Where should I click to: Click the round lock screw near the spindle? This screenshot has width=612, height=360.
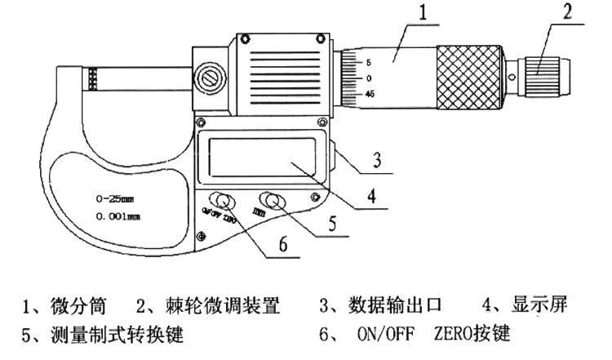tap(211, 79)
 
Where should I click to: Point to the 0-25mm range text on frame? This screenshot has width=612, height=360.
tap(113, 198)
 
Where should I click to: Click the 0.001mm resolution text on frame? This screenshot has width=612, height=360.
tap(115, 217)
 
